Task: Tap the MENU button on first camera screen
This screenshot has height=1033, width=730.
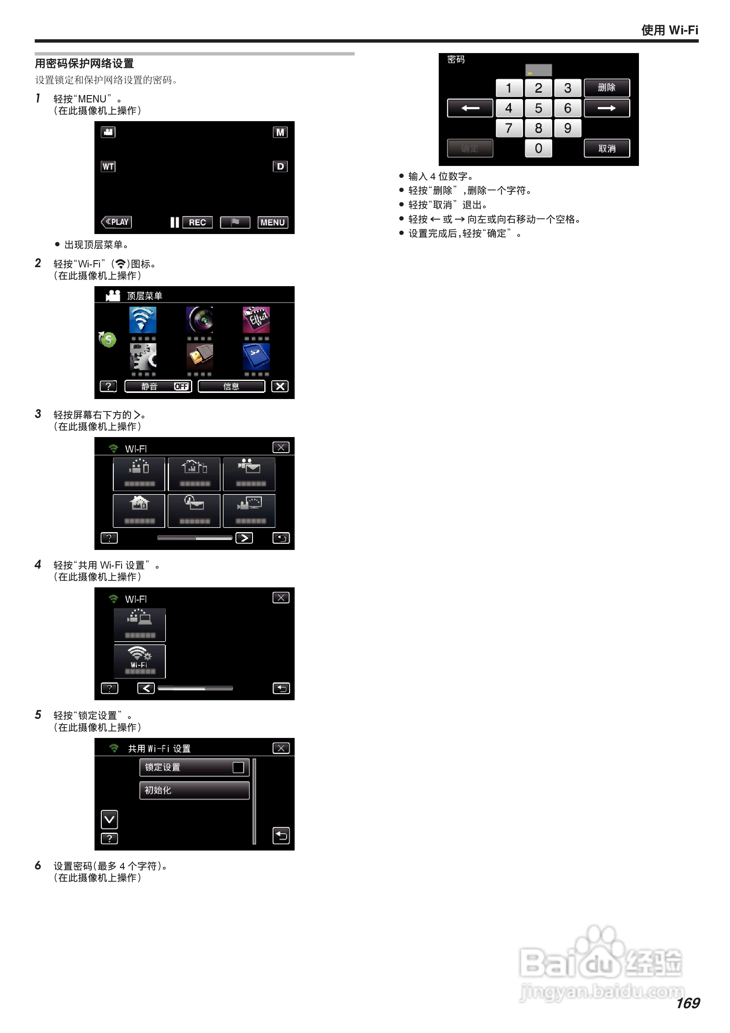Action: [x=273, y=222]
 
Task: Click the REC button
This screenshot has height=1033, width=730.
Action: [x=197, y=222]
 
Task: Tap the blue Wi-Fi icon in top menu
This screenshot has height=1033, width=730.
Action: [x=143, y=320]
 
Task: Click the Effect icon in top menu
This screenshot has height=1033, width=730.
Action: [x=256, y=320]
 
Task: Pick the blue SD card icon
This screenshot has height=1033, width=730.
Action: [x=256, y=356]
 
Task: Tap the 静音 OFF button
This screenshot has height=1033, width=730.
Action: [x=158, y=386]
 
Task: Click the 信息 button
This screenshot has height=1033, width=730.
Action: [x=231, y=386]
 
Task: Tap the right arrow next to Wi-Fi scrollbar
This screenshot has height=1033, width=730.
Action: [x=244, y=538]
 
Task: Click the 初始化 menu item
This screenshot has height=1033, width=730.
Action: [x=194, y=790]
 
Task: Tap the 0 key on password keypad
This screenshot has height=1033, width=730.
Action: [x=538, y=148]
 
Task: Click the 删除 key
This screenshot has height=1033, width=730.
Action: [x=606, y=88]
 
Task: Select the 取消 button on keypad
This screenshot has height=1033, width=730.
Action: [x=606, y=148]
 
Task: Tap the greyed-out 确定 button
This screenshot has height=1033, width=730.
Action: [x=470, y=148]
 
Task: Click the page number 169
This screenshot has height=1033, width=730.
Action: [x=687, y=1003]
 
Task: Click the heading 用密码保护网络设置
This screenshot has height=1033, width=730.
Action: [x=85, y=63]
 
